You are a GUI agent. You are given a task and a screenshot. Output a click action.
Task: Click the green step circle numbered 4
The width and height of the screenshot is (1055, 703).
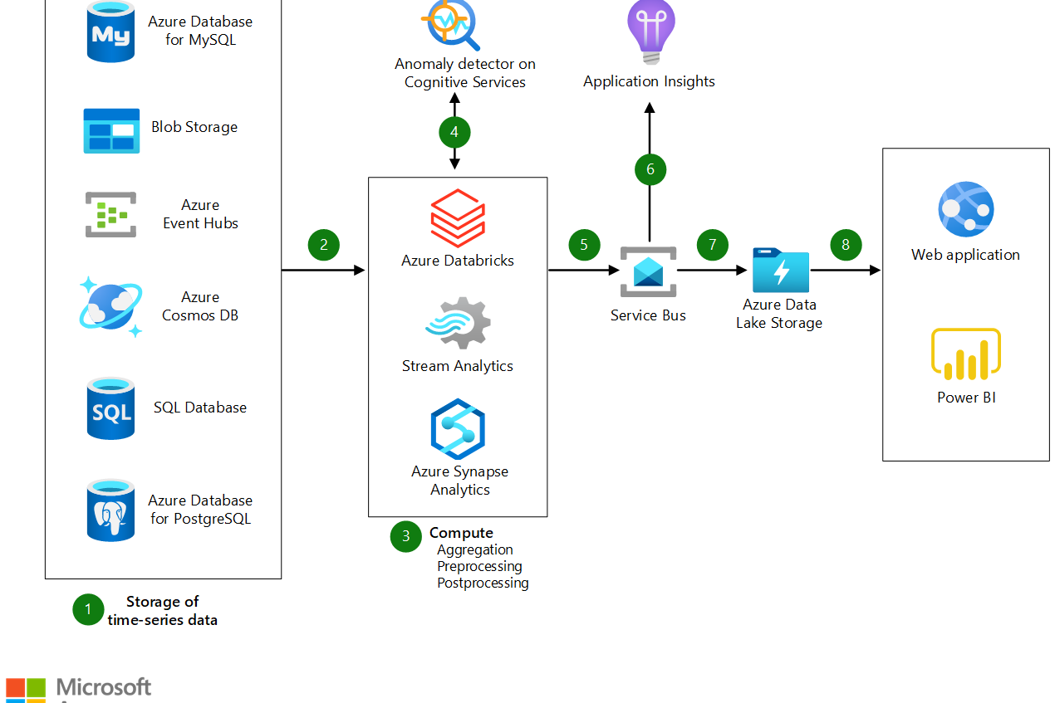[x=454, y=132]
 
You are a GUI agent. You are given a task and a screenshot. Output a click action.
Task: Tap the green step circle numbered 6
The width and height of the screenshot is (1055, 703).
[x=650, y=169]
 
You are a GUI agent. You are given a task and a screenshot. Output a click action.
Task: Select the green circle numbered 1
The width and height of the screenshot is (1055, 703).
[x=88, y=610]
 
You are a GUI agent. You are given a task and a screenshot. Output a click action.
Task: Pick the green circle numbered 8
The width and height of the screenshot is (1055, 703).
[x=846, y=245]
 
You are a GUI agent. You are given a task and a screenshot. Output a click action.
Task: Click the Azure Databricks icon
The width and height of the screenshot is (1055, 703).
[x=458, y=218]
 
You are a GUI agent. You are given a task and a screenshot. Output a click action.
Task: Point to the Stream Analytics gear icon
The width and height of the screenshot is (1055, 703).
[x=459, y=325]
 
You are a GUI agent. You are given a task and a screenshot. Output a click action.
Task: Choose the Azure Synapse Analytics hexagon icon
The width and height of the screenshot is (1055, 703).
[x=458, y=429]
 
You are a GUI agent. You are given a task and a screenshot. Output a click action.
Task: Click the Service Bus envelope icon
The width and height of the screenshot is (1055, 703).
[x=648, y=271]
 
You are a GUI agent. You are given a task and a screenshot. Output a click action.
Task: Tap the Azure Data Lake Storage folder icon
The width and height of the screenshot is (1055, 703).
[x=780, y=270]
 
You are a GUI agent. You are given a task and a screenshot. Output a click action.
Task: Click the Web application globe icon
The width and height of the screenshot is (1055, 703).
[x=965, y=210]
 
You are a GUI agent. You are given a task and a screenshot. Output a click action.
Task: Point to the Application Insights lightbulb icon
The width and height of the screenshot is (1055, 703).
[x=650, y=32]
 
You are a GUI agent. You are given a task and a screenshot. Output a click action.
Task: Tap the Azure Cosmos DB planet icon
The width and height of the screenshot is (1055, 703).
[x=110, y=306]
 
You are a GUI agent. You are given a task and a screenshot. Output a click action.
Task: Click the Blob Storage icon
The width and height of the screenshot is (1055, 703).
[x=111, y=131]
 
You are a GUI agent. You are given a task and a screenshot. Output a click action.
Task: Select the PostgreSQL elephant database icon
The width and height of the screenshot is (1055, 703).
[x=110, y=510]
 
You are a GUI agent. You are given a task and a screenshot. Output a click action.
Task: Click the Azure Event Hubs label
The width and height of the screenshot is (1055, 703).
[x=200, y=214]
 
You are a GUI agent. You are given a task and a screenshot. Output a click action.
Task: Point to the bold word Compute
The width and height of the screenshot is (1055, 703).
[x=461, y=533]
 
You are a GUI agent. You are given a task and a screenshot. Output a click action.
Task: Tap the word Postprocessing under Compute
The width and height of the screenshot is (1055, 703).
[x=483, y=583]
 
